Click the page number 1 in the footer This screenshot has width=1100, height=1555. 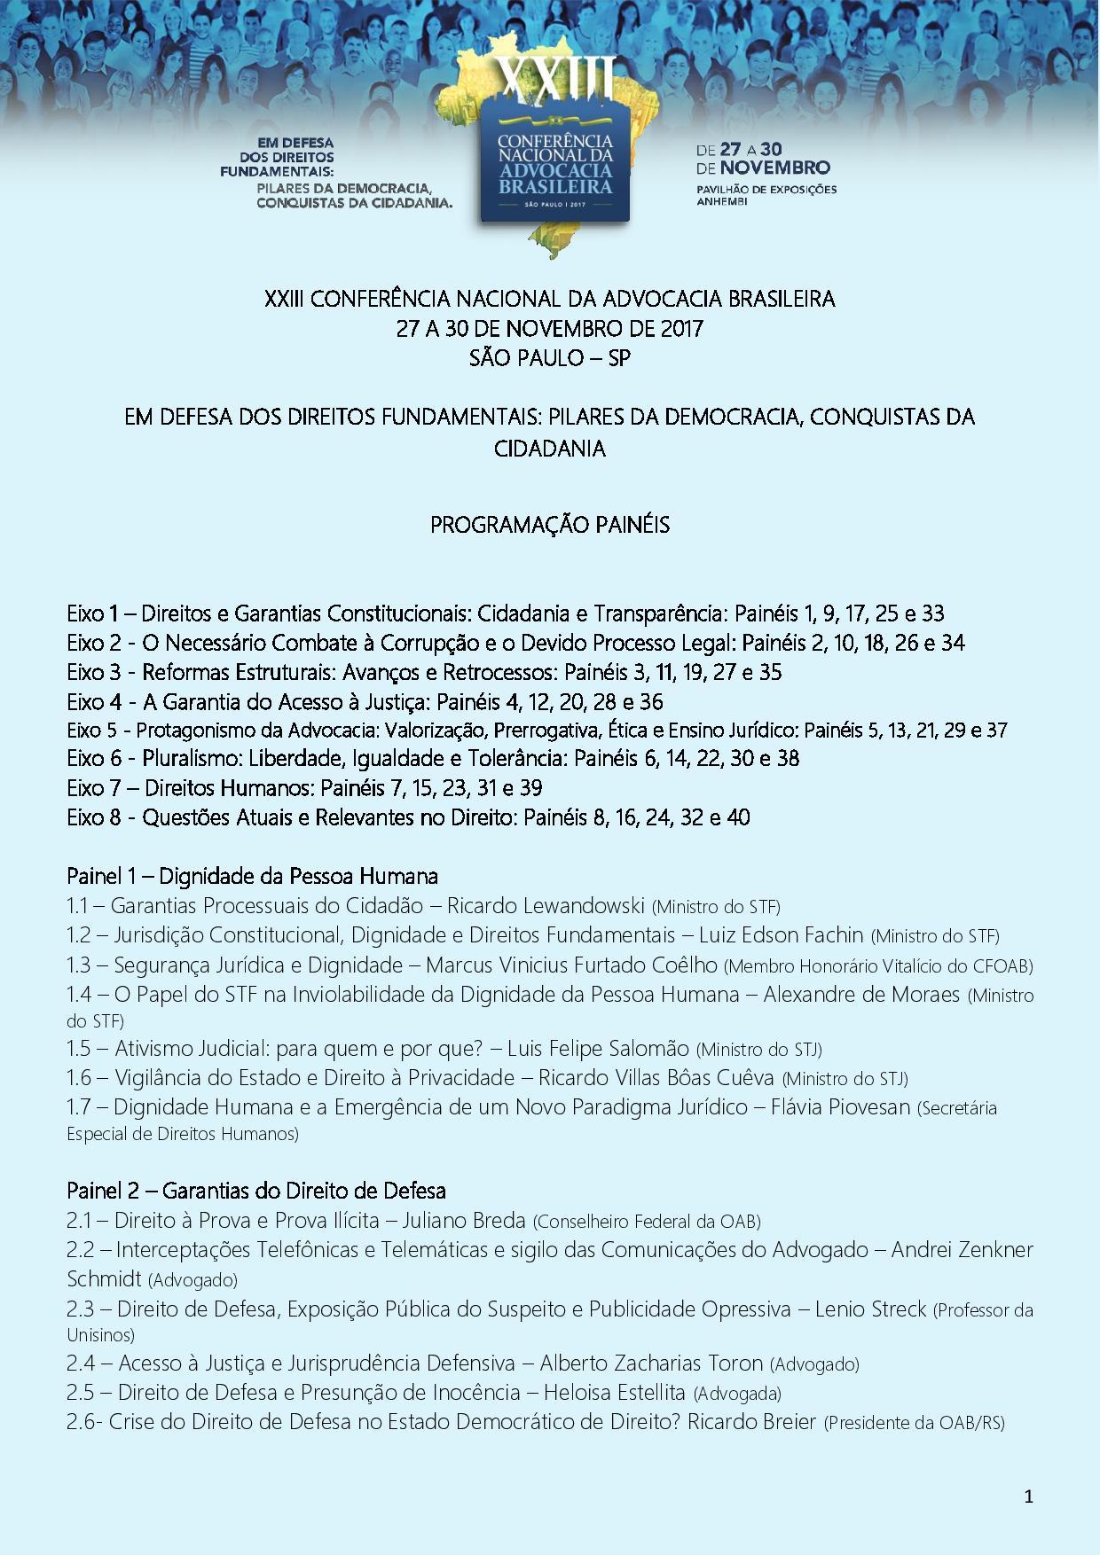[1028, 1497]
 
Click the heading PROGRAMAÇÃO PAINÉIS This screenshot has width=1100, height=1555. [550, 525]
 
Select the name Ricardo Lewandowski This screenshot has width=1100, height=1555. [545, 906]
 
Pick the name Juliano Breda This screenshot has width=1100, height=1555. [464, 1221]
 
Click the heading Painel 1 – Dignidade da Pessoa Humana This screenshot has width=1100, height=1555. [252, 876]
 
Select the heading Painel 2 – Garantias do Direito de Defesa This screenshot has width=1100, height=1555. [255, 1191]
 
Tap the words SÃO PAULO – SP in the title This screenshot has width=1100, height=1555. [550, 358]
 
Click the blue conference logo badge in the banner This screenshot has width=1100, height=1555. [555, 164]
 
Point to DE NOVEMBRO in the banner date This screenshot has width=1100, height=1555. [763, 168]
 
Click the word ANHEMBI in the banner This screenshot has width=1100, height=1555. [722, 201]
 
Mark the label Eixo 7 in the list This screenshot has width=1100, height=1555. [93, 787]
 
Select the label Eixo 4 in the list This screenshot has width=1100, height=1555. [93, 701]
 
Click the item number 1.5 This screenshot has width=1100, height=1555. [79, 1049]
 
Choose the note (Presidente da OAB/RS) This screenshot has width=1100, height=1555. [914, 1423]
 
